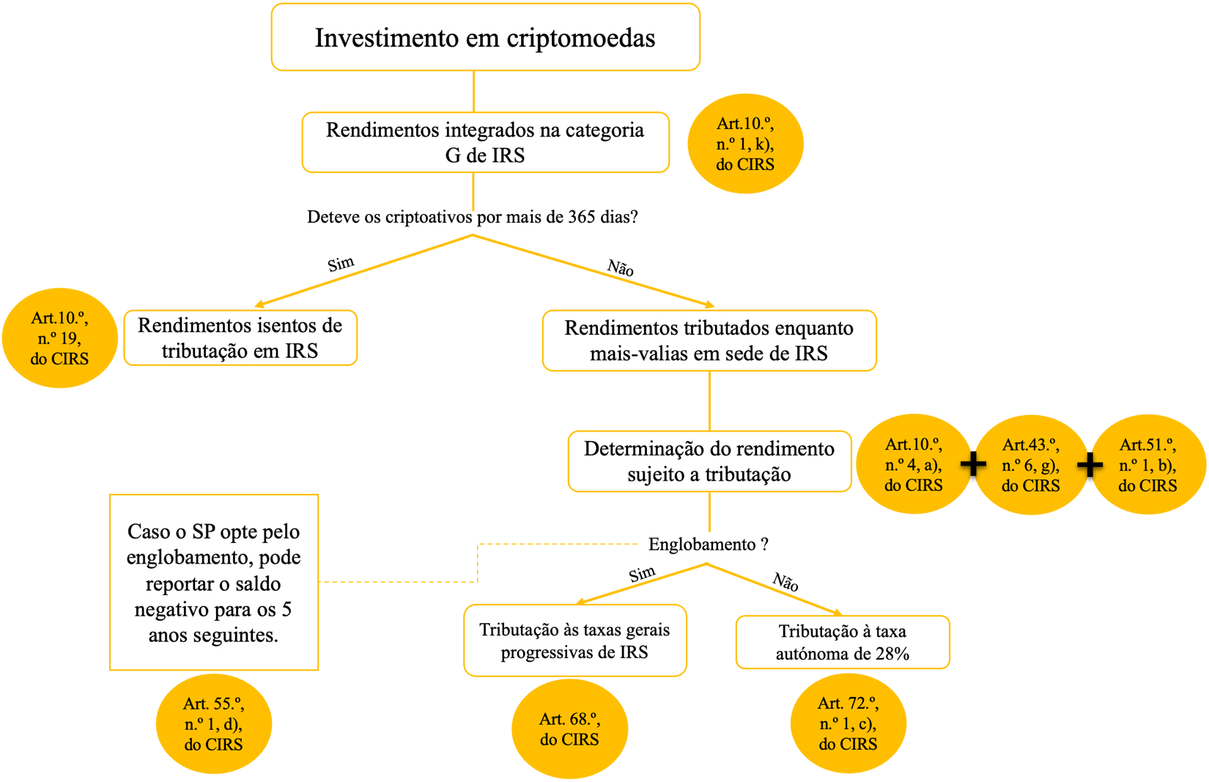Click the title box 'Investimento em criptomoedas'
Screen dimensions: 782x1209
click(x=485, y=37)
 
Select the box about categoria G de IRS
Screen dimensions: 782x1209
click(x=485, y=142)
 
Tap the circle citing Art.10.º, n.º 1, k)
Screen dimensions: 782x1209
click(x=745, y=144)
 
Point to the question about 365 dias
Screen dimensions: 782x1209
click(x=473, y=217)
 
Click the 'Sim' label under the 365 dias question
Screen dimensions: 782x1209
click(x=341, y=264)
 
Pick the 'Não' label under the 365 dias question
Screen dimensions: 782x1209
click(x=620, y=268)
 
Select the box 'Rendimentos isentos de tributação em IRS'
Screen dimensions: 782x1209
click(x=240, y=338)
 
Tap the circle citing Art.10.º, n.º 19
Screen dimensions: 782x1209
click(x=59, y=338)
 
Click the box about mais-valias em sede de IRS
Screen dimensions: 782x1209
click(x=709, y=341)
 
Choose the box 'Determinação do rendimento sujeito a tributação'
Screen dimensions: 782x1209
click(x=709, y=462)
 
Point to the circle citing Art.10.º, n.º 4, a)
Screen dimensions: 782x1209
click(x=913, y=465)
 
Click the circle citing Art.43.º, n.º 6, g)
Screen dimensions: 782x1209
click(x=1030, y=465)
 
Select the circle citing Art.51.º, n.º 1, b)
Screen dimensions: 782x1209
click(x=1147, y=465)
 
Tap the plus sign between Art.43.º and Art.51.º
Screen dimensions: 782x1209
click(x=1090, y=464)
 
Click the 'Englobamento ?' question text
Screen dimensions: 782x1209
click(x=709, y=545)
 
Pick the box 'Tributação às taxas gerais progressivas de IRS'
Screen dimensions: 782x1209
click(x=574, y=641)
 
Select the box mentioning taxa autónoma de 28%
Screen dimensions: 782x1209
click(x=843, y=642)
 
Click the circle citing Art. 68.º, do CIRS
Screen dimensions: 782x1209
click(x=569, y=729)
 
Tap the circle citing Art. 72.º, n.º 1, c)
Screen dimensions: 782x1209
click(x=848, y=724)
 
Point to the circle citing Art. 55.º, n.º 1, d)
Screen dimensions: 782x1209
click(x=213, y=724)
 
